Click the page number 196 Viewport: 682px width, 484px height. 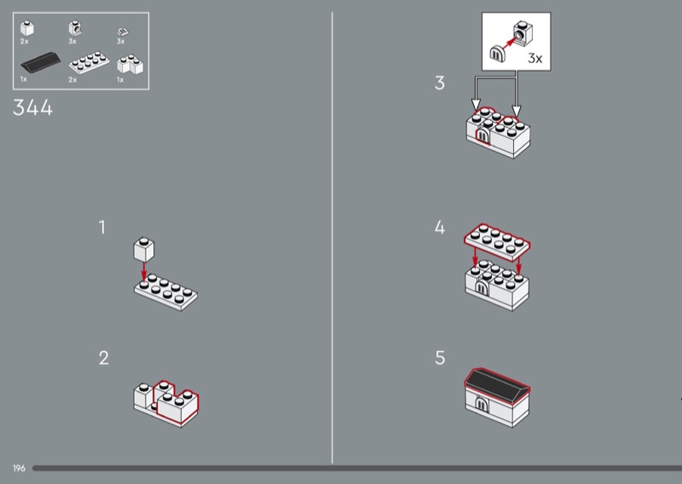point(19,469)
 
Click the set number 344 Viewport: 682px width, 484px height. point(32,107)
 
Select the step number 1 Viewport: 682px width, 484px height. point(102,228)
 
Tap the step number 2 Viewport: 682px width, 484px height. point(103,358)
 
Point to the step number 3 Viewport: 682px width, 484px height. point(440,83)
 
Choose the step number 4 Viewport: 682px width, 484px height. point(440,228)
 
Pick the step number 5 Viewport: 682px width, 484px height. point(440,358)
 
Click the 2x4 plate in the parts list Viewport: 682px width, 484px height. point(89,62)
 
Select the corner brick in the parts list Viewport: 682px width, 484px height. point(130,64)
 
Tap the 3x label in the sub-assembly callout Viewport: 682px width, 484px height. point(535,58)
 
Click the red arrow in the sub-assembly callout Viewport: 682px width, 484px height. point(508,43)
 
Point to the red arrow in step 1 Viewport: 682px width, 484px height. point(144,272)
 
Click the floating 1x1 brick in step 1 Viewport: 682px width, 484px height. point(143,249)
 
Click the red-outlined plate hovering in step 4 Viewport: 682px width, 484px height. point(497,243)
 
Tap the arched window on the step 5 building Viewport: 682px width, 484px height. point(481,404)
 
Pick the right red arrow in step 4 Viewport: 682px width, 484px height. point(518,266)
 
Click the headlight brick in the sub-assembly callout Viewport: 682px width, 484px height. point(523,33)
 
